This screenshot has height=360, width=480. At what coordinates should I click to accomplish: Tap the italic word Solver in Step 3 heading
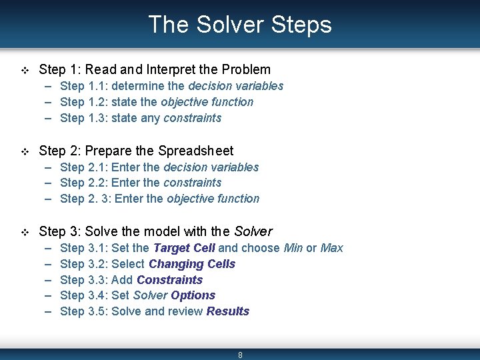pyautogui.click(x=253, y=231)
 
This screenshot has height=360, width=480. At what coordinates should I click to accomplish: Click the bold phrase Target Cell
pyautogui.click(x=184, y=248)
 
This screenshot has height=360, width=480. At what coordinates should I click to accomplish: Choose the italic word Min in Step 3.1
pyautogui.click(x=293, y=248)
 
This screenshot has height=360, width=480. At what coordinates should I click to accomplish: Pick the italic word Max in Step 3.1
pyautogui.click(x=331, y=248)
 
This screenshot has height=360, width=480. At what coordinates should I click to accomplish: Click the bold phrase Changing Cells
pyautogui.click(x=192, y=264)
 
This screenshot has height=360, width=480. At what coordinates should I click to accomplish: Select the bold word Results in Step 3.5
pyautogui.click(x=227, y=311)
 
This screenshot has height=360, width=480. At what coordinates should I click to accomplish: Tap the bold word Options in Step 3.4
pyautogui.click(x=193, y=295)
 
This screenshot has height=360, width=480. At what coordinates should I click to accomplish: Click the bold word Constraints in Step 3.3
pyautogui.click(x=169, y=280)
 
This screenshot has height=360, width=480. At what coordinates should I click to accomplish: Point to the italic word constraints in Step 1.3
pyautogui.click(x=192, y=118)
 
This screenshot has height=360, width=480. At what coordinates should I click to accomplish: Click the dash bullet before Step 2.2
pyautogui.click(x=50, y=183)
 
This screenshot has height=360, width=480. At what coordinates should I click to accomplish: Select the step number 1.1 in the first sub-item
pyautogui.click(x=97, y=86)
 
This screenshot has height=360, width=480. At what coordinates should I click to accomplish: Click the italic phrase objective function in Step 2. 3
pyautogui.click(x=213, y=199)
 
